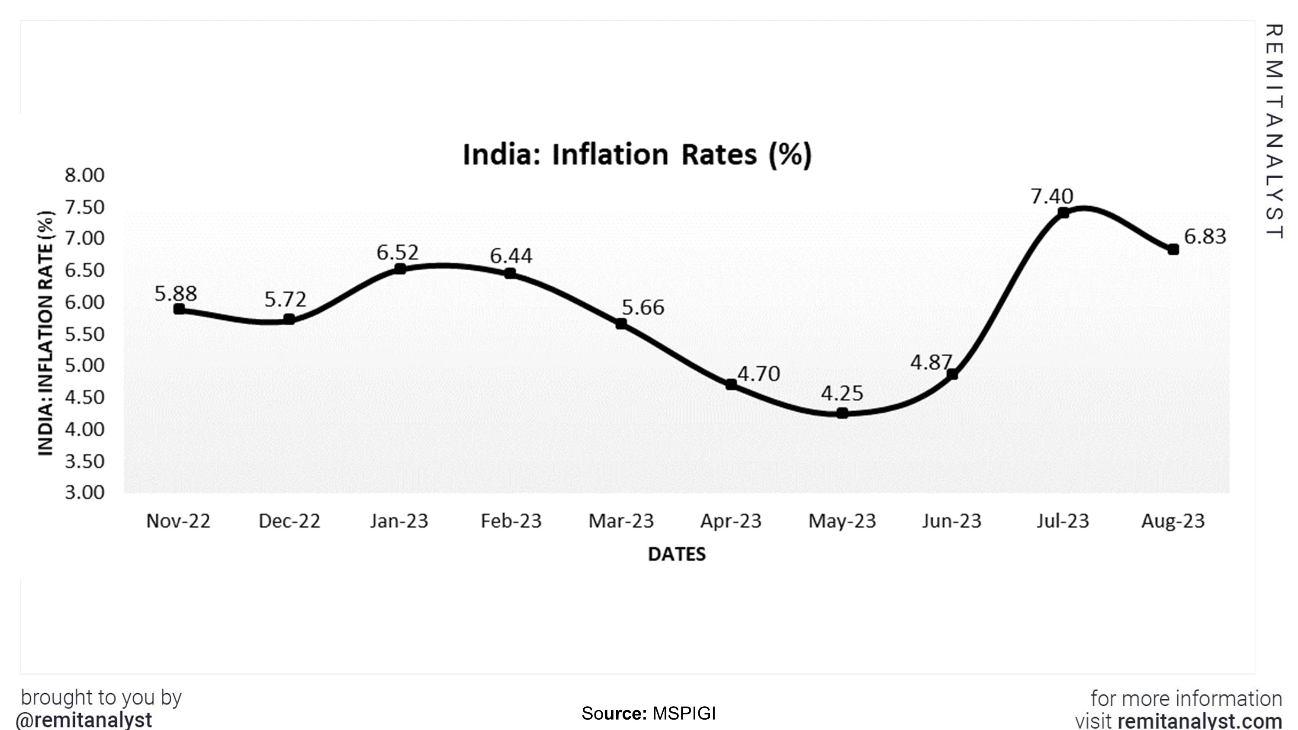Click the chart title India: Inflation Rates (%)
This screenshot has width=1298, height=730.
[x=637, y=155]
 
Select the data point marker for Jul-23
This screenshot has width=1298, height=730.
[x=1063, y=213]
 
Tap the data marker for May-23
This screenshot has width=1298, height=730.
[x=842, y=413]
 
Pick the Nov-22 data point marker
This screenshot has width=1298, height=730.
[x=179, y=309]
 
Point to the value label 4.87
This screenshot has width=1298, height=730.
[x=931, y=362]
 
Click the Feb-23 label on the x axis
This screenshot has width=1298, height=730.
[x=511, y=520]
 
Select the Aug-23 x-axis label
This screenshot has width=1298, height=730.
[x=1173, y=520]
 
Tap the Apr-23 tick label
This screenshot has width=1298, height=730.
[x=731, y=520]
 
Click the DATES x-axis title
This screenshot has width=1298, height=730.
[x=677, y=554]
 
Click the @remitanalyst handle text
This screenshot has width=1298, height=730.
[x=84, y=720]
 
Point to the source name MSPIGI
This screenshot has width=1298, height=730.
[x=684, y=714]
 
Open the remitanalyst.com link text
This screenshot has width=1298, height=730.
[x=1200, y=721]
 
